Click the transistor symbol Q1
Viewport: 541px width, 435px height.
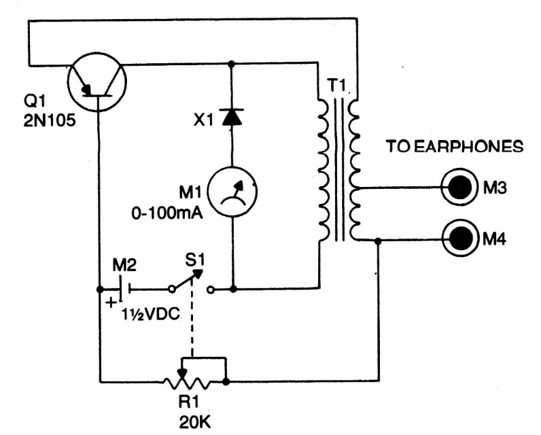coord(99,82)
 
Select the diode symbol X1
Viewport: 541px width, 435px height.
coord(233,117)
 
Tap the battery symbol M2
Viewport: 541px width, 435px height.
coord(123,288)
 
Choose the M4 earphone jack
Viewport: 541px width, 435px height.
coord(456,239)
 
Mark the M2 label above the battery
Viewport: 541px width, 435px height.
coord(123,262)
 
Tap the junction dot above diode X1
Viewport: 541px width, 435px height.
coord(233,65)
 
